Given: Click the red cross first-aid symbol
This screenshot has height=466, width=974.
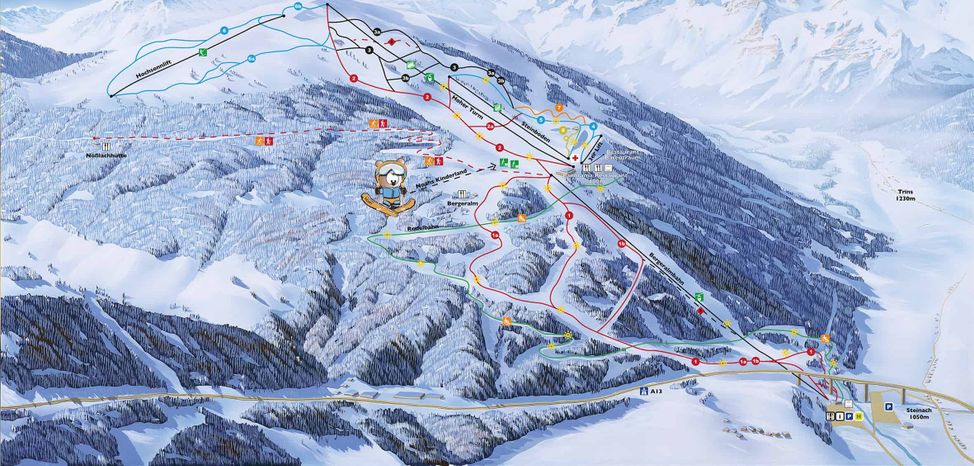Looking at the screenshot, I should pyautogui.click(x=575, y=156).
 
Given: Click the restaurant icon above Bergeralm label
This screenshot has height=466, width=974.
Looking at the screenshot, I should pyautogui.click(x=462, y=192).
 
